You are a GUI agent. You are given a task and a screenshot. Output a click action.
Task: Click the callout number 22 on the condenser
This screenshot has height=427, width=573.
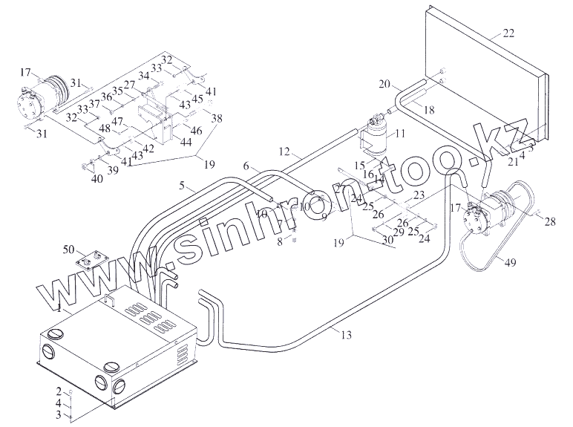pos(508,32)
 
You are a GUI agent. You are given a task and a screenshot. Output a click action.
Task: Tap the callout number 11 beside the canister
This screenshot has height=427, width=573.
pos(400,134)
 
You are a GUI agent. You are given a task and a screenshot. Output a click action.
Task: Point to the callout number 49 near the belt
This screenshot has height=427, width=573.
pos(510,260)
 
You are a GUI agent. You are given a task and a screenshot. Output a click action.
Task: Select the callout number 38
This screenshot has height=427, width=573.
pos(216,117)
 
